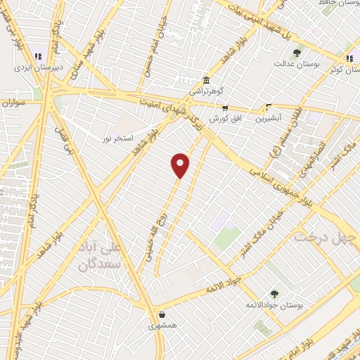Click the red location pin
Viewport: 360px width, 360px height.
(x=181, y=164)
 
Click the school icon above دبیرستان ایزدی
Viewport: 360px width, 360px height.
(x=37, y=56)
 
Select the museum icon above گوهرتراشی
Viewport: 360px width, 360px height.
(x=205, y=79)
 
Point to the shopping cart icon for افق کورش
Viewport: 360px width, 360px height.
(x=225, y=108)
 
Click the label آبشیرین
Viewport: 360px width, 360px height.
(x=269, y=118)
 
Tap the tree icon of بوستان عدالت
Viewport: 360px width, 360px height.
(x=297, y=52)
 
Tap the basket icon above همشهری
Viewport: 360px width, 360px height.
(x=163, y=315)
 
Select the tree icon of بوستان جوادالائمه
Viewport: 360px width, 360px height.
(x=274, y=294)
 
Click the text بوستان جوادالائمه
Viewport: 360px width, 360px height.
(x=274, y=306)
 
